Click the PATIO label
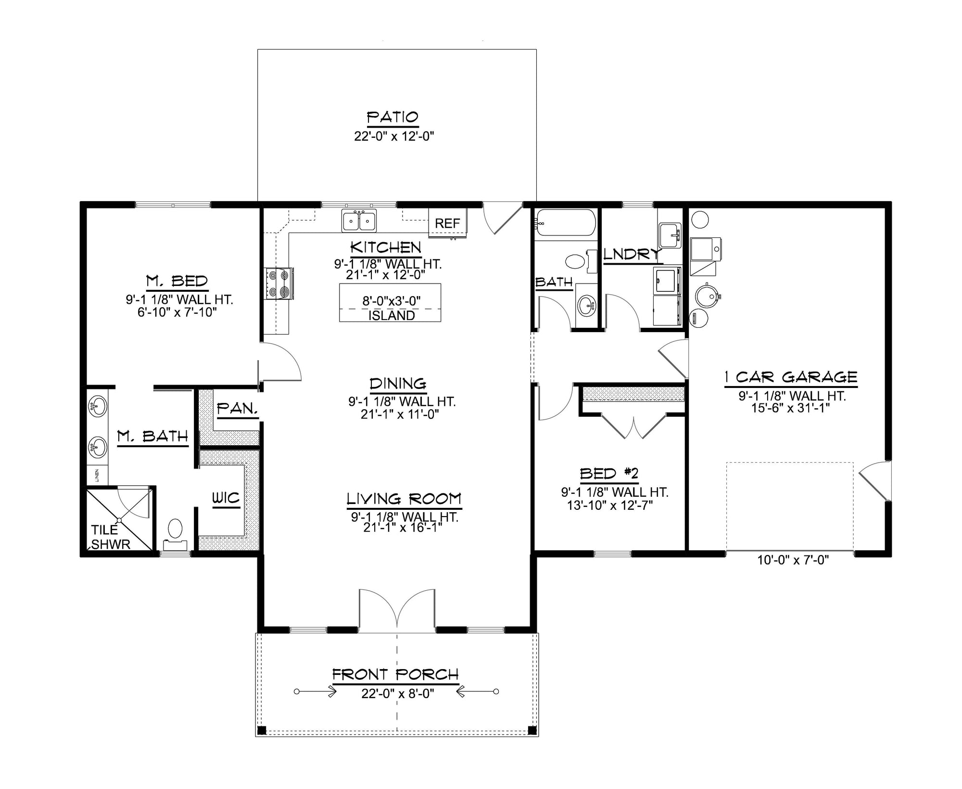392,117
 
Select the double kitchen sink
359,221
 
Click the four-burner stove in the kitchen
278,284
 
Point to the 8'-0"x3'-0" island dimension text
391,301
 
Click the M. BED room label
177,281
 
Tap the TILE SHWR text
111,537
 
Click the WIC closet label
226,498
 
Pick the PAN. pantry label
238,409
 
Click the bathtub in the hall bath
565,222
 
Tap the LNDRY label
631,254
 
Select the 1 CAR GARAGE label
791,377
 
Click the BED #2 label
609,474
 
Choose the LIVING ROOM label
404,499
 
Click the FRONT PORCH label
395,674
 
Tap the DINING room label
398,384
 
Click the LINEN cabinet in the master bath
97,475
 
